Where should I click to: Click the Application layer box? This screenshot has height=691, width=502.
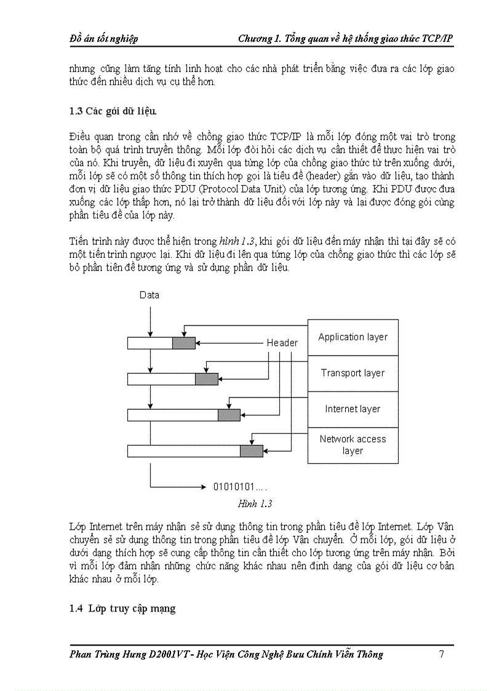pyautogui.click(x=353, y=337)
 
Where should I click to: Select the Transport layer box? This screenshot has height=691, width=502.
pyautogui.click(x=353, y=373)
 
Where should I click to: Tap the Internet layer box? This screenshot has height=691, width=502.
pyautogui.click(x=353, y=409)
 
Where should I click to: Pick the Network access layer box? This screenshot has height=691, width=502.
pyautogui.click(x=353, y=445)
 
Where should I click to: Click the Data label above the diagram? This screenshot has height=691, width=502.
pyautogui.click(x=149, y=295)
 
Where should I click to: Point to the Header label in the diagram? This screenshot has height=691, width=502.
pyautogui.click(x=282, y=343)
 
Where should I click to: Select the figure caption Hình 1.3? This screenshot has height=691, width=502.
pyautogui.click(x=255, y=503)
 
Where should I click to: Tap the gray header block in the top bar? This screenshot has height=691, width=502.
pyautogui.click(x=183, y=343)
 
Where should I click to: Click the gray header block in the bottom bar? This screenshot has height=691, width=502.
pyautogui.click(x=251, y=451)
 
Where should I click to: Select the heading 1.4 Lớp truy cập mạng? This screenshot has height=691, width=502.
pyautogui.click(x=122, y=609)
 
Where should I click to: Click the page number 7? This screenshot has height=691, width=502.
pyautogui.click(x=442, y=654)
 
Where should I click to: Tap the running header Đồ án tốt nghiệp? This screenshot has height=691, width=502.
pyautogui.click(x=103, y=39)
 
